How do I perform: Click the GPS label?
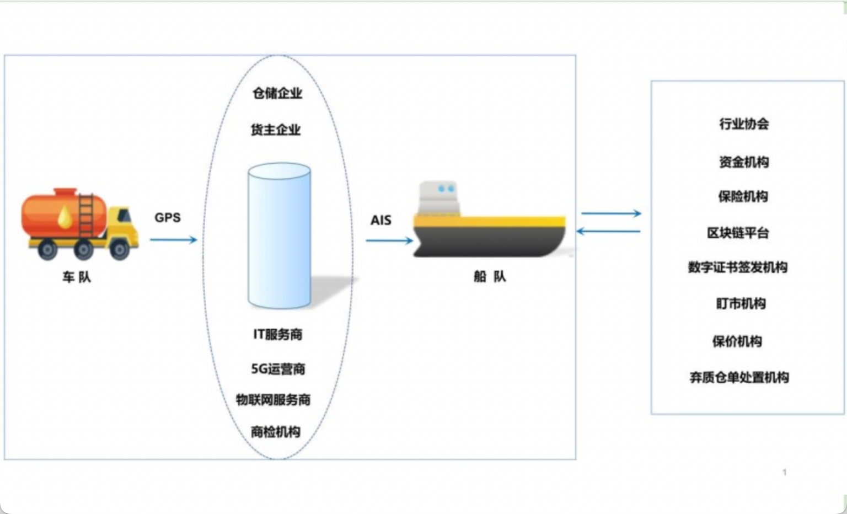point(167,217)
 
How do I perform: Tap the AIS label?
point(380,220)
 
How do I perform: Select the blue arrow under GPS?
point(173,239)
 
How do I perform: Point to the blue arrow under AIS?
point(389,240)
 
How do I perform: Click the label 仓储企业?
point(277,93)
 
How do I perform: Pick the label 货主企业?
point(276,130)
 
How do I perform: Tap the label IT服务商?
point(277,334)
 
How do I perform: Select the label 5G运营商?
point(278,369)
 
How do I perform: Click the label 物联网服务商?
point(273,399)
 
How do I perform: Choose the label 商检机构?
point(275,431)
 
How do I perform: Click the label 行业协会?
point(743,124)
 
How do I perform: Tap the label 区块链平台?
point(738,233)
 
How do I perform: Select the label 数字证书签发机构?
point(737,267)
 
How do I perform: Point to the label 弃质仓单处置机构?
point(739,377)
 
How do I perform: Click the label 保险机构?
point(743,196)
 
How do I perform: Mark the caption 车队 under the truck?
point(76,277)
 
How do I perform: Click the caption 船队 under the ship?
point(490,276)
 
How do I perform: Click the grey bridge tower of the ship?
point(438,197)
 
